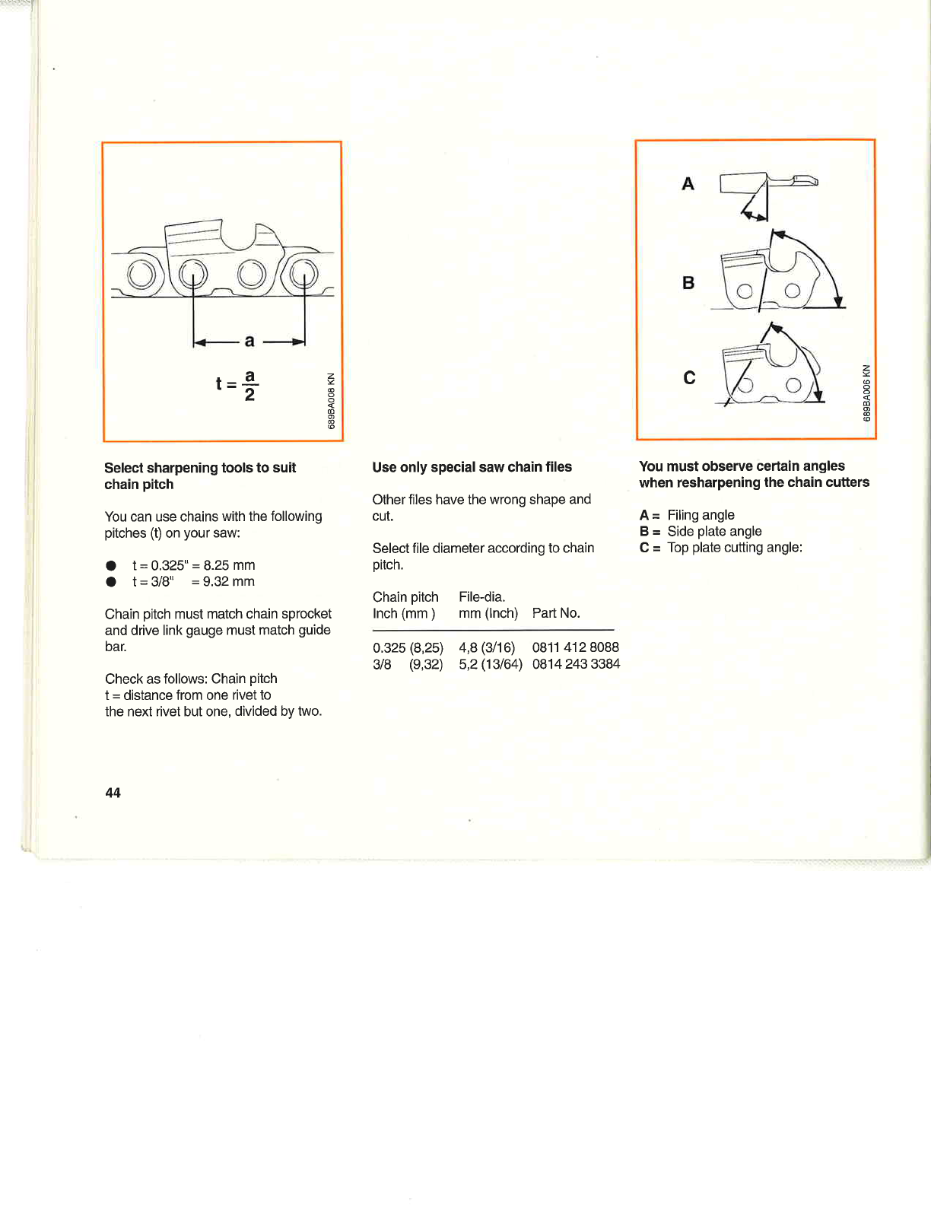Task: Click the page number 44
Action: pyautogui.click(x=113, y=793)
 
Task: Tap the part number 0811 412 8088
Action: pyautogui.click(x=575, y=647)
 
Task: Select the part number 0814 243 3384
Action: pyautogui.click(x=576, y=664)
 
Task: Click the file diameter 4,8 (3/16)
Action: pyautogui.click(x=487, y=647)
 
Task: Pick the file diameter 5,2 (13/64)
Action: pyautogui.click(x=490, y=664)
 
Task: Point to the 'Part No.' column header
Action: pyautogui.click(x=556, y=613)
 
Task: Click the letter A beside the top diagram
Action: pyautogui.click(x=688, y=184)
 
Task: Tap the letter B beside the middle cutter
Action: pyautogui.click(x=688, y=283)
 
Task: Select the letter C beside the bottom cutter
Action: pyautogui.click(x=689, y=378)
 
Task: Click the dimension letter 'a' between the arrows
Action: pyautogui.click(x=249, y=341)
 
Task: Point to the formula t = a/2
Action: pyautogui.click(x=237, y=385)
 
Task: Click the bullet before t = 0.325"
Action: pyautogui.click(x=111, y=565)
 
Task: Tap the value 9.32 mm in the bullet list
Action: pyautogui.click(x=228, y=582)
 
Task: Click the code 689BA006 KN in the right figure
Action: pyautogui.click(x=866, y=393)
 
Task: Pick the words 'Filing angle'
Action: pyautogui.click(x=701, y=515)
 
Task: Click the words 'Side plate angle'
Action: pyautogui.click(x=714, y=531)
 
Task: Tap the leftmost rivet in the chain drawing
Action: pyautogui.click(x=141, y=275)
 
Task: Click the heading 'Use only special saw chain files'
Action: pyautogui.click(x=472, y=467)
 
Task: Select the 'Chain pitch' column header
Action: pyautogui.click(x=405, y=597)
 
